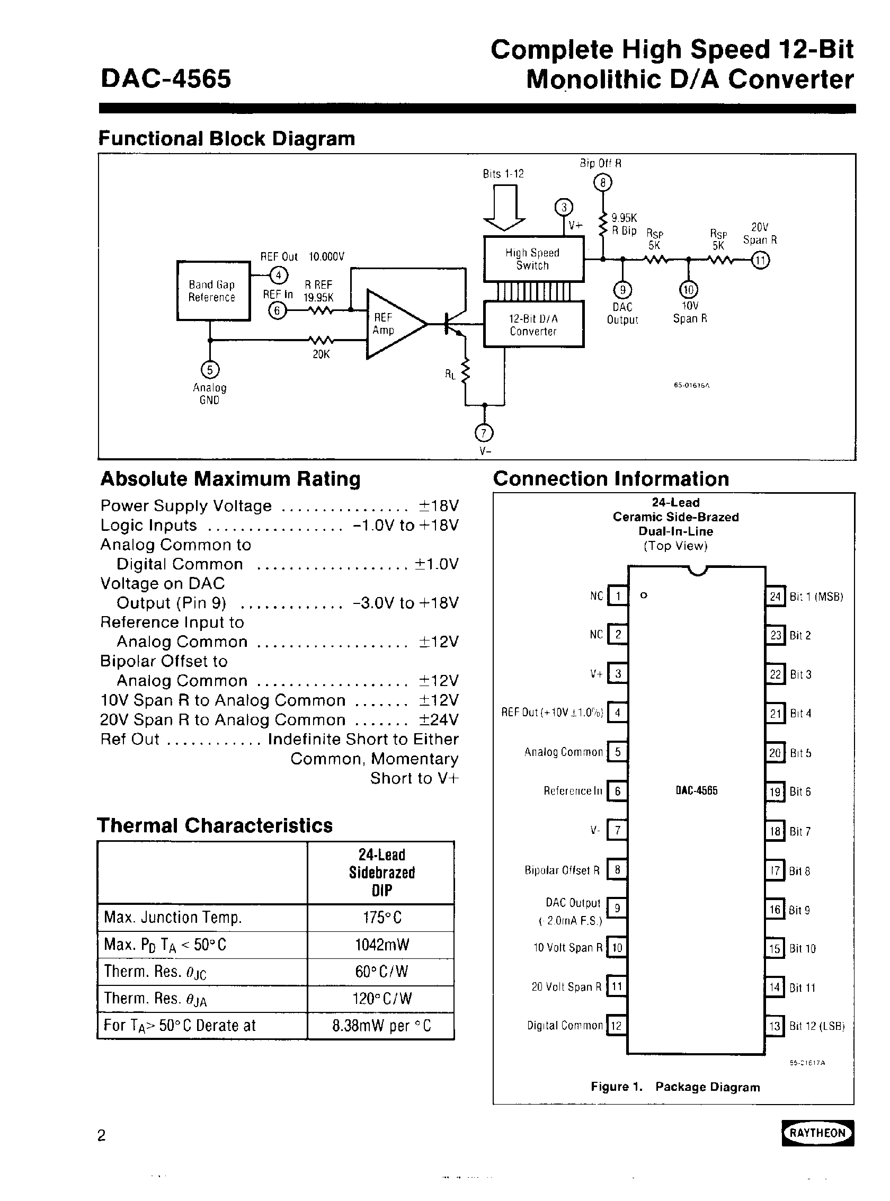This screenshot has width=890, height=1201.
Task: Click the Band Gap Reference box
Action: [x=213, y=291]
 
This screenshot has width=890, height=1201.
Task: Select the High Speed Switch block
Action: [x=533, y=259]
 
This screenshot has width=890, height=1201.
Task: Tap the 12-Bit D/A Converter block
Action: [x=533, y=325]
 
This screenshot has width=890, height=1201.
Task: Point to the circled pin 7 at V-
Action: [x=484, y=433]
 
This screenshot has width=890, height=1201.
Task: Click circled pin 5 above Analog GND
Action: [x=210, y=370]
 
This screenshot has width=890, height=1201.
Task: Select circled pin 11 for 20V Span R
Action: [x=761, y=261]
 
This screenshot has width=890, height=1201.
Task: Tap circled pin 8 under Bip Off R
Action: [x=602, y=183]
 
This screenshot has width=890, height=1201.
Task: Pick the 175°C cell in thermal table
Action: [x=381, y=918]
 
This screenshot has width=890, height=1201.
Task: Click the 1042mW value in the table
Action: [x=381, y=945]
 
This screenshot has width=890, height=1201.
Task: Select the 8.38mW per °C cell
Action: [x=381, y=1025]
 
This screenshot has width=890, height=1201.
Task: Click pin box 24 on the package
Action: [x=775, y=597]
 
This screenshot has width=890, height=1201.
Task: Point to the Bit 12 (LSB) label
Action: [x=817, y=1026]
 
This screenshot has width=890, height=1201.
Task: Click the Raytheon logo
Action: [x=817, y=1133]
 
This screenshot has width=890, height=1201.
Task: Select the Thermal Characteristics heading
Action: [x=215, y=825]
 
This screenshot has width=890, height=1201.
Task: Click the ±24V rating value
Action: [x=439, y=720]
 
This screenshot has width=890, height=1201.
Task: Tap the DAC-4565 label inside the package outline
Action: [x=697, y=791]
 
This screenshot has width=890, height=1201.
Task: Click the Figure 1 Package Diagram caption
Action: [x=675, y=1087]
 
